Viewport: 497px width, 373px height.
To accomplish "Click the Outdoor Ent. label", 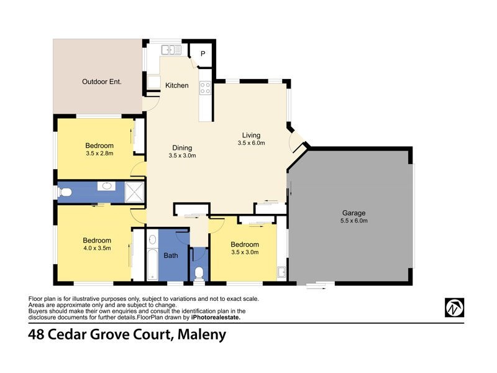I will [x=102, y=81].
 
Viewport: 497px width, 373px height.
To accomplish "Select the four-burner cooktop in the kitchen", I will [x=204, y=88].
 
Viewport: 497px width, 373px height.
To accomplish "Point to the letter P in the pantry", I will [x=203, y=53].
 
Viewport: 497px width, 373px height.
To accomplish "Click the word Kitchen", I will [x=177, y=85].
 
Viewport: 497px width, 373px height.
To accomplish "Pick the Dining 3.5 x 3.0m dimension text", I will [x=182, y=156].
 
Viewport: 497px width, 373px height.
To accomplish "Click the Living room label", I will [x=251, y=135].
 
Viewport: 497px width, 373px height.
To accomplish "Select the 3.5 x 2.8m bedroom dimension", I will [x=99, y=154].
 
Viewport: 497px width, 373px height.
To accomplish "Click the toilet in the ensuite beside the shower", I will [x=65, y=192].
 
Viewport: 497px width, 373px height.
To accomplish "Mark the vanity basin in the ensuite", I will [x=106, y=186].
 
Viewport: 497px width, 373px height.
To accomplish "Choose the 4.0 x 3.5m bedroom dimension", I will [x=97, y=248].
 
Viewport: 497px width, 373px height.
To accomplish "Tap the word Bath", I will [x=170, y=255].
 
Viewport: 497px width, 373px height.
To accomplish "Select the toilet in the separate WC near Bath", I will [x=199, y=272].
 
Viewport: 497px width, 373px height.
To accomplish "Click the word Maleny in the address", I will [x=202, y=336].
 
